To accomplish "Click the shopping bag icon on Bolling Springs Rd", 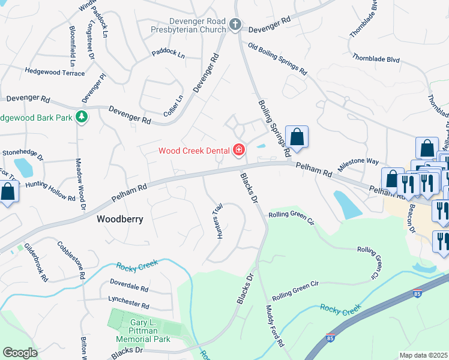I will tap(297, 137).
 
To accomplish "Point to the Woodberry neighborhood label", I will tap(120, 220).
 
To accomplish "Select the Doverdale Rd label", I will tap(133, 282).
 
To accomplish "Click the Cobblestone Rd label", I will tap(70, 260).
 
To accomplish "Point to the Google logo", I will tap(20, 352).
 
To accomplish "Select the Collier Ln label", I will tap(173, 106).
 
